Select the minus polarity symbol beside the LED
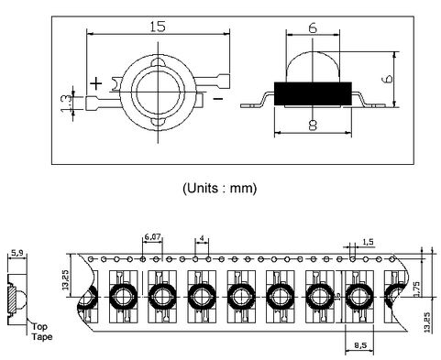(218, 95)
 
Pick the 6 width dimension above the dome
(312, 28)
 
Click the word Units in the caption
(208, 188)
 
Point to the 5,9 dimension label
(17, 253)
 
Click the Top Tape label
(40, 331)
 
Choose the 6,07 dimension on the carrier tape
(152, 237)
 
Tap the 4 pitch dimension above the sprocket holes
(202, 238)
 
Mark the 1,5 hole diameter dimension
(367, 242)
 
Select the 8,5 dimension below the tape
(362, 345)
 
